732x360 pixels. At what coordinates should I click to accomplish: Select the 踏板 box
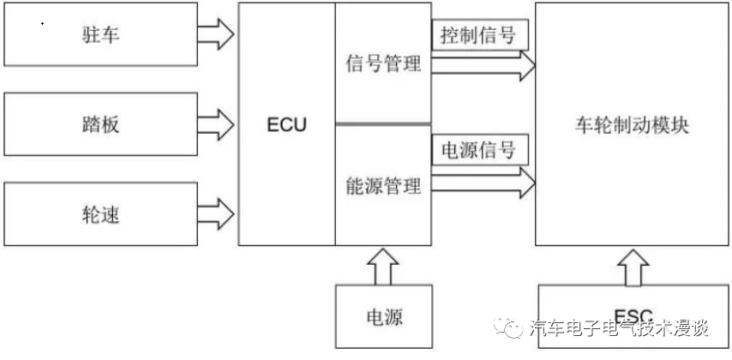99,123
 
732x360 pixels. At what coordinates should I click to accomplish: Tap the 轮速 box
99,213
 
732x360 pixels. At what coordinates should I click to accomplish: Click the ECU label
286,125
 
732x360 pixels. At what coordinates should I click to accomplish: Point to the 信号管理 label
382,65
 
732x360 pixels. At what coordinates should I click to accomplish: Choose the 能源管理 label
382,185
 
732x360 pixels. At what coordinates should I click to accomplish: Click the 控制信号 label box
478,36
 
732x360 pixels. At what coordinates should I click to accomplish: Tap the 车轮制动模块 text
632,124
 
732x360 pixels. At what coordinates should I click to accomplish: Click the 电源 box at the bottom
382,318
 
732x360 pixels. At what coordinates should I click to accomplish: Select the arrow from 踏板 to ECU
216,123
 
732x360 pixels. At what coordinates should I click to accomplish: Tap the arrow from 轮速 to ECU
216,212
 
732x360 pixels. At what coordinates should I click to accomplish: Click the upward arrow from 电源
382,267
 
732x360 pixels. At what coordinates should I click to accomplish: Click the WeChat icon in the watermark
512,328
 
